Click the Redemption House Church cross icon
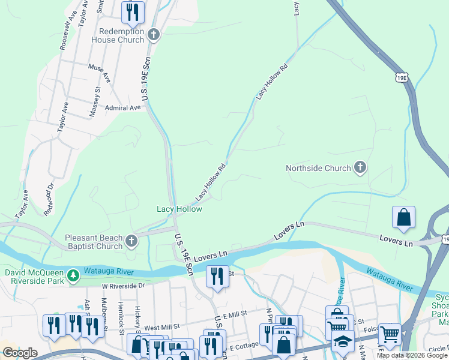pos(154,35)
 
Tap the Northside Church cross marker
pos(360,168)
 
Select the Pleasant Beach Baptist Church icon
pos(131,242)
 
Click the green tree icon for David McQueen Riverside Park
pos(73,274)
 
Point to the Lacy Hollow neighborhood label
pos(179,209)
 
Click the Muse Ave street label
pos(99,73)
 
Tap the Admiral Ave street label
pos(122,108)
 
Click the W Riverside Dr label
pos(123,286)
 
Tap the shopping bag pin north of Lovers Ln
pos(404,218)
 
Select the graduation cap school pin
pos(343,341)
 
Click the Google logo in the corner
pos(20,353)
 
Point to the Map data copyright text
pos(411,355)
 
